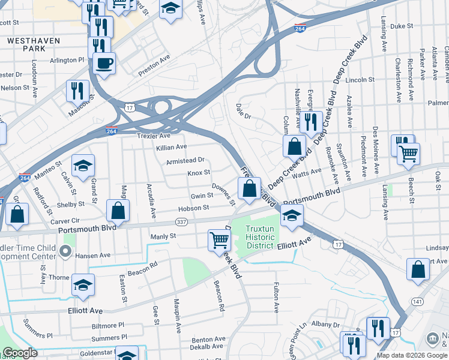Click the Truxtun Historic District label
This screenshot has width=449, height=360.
click(261, 237)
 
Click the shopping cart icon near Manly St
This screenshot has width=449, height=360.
click(219, 240)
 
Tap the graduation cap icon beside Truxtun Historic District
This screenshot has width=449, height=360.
click(292, 216)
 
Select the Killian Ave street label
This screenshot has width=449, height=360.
click(172, 147)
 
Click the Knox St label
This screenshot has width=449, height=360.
click(198, 173)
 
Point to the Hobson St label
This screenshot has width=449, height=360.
click(193, 208)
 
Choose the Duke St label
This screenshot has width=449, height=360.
click(402, 26)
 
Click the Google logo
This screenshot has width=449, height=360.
click(20, 353)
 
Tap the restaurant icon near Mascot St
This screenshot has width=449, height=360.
click(77, 91)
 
